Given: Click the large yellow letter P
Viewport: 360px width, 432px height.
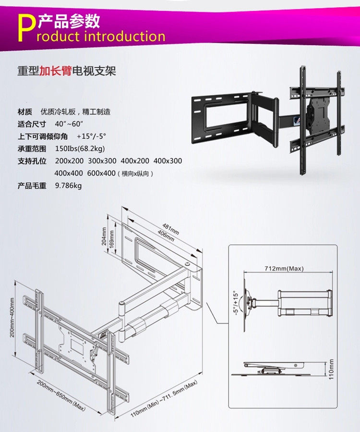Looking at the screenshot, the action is coord(25,28).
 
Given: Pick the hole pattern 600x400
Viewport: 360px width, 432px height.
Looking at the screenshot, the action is coord(101,173).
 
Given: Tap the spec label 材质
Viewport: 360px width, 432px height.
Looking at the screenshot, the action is coord(25,112).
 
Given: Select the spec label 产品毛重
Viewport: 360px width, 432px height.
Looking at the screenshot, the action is coord(32,185).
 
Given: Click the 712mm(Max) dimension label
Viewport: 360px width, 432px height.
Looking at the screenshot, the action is coord(284,268).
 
